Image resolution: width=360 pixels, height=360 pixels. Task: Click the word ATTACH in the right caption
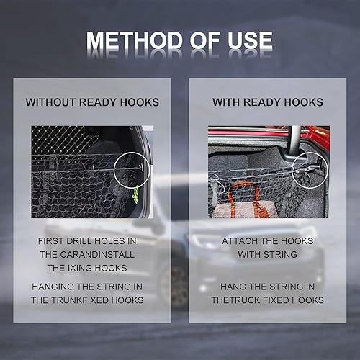(x=240, y=241)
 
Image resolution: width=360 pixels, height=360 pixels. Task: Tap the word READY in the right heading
(x=262, y=102)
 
